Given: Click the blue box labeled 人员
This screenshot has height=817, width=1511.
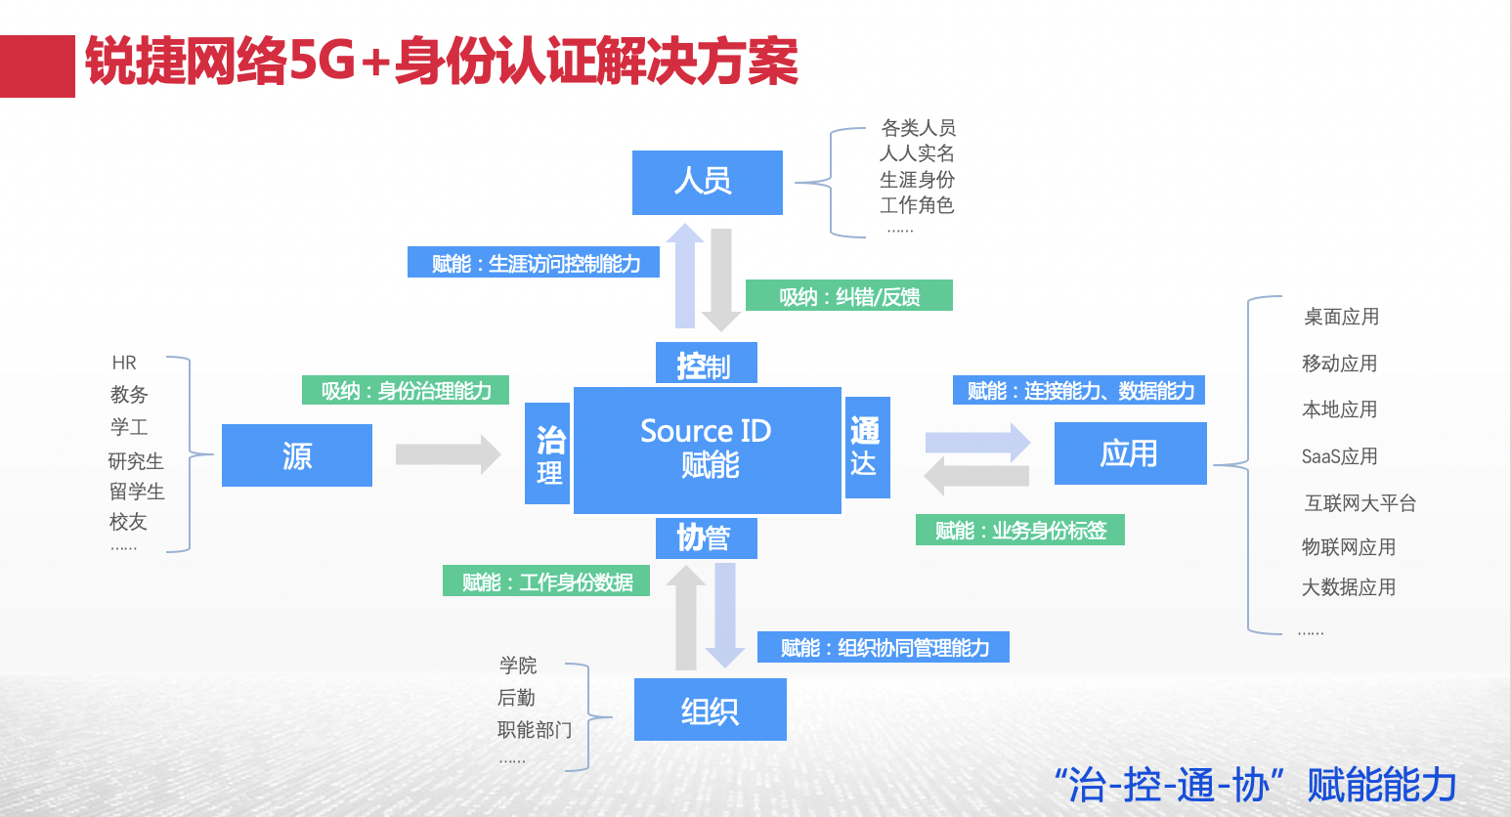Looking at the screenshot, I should click(x=707, y=182).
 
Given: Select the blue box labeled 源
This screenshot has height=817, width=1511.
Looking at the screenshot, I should click(x=296, y=455).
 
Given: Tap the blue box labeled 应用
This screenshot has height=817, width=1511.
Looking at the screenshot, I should click(x=1130, y=453).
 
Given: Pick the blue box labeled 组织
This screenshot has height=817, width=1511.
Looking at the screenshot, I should click(x=710, y=709).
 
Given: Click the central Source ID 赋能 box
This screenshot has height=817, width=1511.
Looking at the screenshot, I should click(x=707, y=450).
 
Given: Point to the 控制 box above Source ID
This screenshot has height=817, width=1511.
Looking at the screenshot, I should click(x=706, y=365).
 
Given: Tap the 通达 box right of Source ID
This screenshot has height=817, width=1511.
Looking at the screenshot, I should click(x=867, y=448).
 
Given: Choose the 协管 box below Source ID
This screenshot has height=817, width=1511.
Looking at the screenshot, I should click(x=706, y=537).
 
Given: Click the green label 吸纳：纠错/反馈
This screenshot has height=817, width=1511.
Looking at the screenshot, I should click(x=848, y=296).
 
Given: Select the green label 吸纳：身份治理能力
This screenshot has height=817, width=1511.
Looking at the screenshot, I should click(x=406, y=391).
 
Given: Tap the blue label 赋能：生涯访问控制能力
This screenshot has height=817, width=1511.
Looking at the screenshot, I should click(x=534, y=263).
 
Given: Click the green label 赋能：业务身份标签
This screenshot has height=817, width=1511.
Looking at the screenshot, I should click(x=1019, y=530).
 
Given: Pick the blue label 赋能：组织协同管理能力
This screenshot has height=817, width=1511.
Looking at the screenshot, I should click(x=883, y=647).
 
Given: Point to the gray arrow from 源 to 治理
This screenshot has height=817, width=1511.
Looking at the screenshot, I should click(x=448, y=454).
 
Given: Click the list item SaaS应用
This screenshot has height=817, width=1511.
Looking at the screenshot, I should click(x=1339, y=456).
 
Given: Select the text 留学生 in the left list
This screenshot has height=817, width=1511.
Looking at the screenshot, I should click(x=137, y=492).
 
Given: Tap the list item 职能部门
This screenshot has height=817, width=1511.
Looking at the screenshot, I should click(x=534, y=729).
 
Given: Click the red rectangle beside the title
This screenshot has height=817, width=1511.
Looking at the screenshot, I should click(x=37, y=66).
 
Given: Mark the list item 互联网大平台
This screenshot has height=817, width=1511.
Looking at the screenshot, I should click(x=1360, y=503).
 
